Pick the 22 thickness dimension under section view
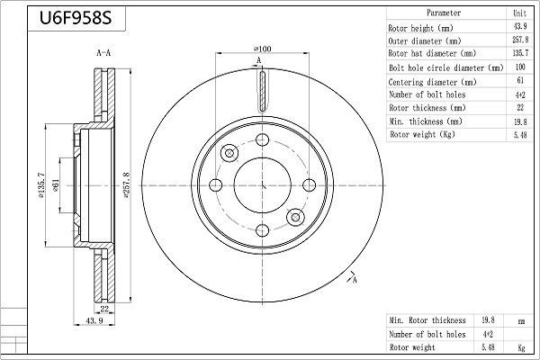point(105,309)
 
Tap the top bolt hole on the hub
point(263,139)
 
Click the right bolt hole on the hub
point(310,185)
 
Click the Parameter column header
point(443,13)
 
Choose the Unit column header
point(519,13)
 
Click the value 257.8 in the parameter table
point(519,40)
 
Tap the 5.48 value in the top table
point(519,134)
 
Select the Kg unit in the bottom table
point(519,346)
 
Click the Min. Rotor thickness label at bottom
point(427,320)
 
